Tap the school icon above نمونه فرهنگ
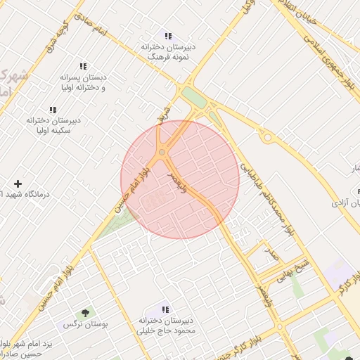pyautogui.click(x=167, y=35)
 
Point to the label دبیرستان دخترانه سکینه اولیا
pyautogui.click(x=53, y=126)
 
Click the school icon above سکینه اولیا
pyautogui.click(x=52, y=110)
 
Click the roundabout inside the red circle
pyautogui.click(x=162, y=151)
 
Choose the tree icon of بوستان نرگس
pyautogui.click(x=86, y=313)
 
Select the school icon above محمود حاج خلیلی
pyautogui.click(x=165, y=309)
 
